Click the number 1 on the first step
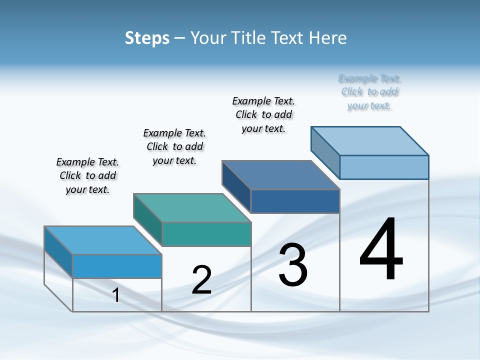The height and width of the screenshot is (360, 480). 116,295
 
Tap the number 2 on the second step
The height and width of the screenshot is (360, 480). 201,279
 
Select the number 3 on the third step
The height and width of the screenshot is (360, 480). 293,265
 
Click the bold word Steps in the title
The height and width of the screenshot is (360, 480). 147,38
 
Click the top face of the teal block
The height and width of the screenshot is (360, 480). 192,207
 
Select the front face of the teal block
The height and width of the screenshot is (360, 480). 206,234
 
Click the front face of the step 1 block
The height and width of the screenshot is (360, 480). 117,266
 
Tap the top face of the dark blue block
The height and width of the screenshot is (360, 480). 281,174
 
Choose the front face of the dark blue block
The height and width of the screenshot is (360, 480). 295,201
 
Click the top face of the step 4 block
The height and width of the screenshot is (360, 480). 370,140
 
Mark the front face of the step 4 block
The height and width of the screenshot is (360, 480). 384,167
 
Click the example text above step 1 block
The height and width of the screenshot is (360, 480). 87,175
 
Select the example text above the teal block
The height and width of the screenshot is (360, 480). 174,146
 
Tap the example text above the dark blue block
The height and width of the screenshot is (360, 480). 263,114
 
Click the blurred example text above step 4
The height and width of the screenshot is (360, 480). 369,92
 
